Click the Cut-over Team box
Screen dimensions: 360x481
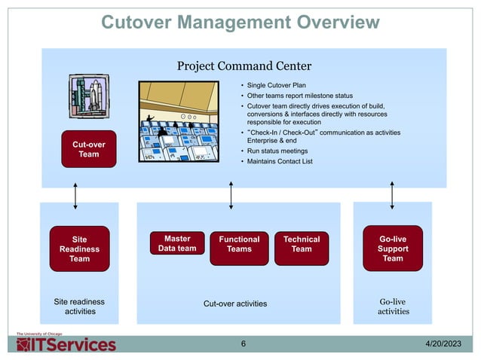89,149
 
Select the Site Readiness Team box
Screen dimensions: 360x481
79,249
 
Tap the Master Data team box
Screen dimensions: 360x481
177,244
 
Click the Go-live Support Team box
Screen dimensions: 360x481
393,248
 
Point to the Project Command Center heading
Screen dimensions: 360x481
238,66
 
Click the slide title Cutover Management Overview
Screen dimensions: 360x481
240,23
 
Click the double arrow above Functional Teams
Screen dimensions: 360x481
231,194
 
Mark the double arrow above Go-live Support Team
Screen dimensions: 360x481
392,194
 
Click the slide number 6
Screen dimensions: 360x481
243,345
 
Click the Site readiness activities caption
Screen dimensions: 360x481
79,307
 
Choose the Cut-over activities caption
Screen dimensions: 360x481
235,304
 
